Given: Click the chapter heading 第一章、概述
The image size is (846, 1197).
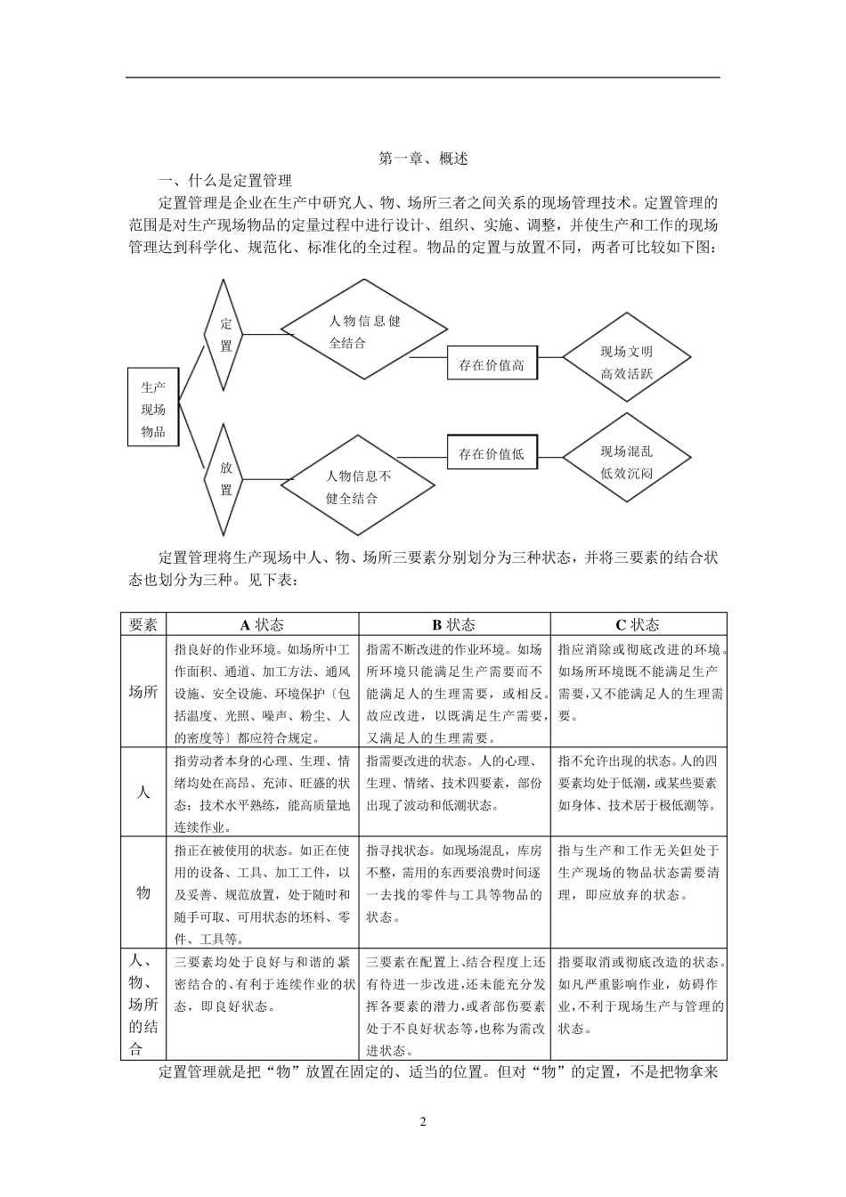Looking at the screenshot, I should coord(423,159).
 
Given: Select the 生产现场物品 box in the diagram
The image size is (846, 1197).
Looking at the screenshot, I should coord(153,409).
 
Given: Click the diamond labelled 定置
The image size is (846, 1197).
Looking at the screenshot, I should coord(225,335).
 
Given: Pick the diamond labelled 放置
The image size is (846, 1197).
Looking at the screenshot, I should coord(225,479).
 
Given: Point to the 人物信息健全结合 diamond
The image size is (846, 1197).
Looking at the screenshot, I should coord(363,331).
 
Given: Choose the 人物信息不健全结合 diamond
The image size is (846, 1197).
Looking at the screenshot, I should coord(358,486).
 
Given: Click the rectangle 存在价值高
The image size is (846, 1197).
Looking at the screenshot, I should coord(492,364).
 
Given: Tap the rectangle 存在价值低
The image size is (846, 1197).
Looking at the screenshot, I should coord(492,453).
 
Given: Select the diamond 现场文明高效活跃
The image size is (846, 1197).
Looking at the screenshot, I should coord(626,362).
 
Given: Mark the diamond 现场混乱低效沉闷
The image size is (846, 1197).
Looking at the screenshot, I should coord(626,462).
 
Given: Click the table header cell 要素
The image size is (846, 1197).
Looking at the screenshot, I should coord(143,624).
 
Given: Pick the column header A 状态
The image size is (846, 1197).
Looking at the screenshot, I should coord(262,624).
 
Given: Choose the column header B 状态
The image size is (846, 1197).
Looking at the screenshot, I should coord(454,624).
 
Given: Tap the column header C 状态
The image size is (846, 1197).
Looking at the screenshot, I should coord(638,624).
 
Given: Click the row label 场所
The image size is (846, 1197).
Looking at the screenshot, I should coord(143,692).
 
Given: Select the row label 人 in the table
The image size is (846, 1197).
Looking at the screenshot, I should coord(143,791).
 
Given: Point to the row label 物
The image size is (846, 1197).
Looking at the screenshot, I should coord(143,892).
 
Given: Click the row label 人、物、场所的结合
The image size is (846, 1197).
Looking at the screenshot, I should coord(143,1004).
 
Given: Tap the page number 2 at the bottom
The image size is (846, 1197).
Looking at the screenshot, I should coord(423,1121).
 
